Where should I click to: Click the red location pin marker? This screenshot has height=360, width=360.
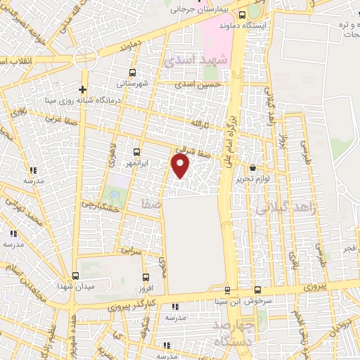click(x=181, y=166)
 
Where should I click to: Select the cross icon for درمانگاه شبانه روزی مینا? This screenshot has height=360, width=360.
click(x=83, y=89)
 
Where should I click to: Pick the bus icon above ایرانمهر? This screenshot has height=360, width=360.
click(x=136, y=152)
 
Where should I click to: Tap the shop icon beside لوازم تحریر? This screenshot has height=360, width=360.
click(x=253, y=168)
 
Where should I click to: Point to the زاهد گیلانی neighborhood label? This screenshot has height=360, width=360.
click(x=278, y=208)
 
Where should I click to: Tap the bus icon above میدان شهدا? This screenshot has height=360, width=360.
click(x=76, y=276)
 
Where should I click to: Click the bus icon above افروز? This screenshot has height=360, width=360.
click(x=146, y=277)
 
